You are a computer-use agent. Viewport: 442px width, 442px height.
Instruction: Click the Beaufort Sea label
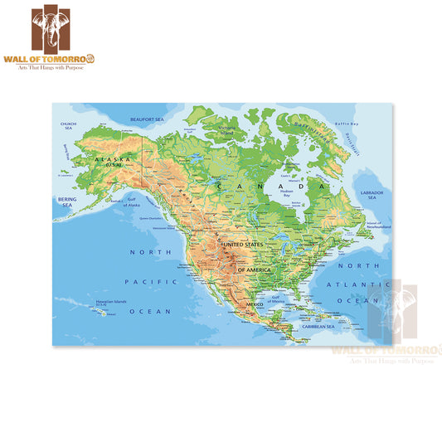pos(148,119)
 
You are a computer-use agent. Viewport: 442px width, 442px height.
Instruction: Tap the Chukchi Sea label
pos(69,126)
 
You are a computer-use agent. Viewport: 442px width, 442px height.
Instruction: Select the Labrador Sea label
pos(371,195)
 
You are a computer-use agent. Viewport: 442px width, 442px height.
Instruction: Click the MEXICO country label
pos(254,305)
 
